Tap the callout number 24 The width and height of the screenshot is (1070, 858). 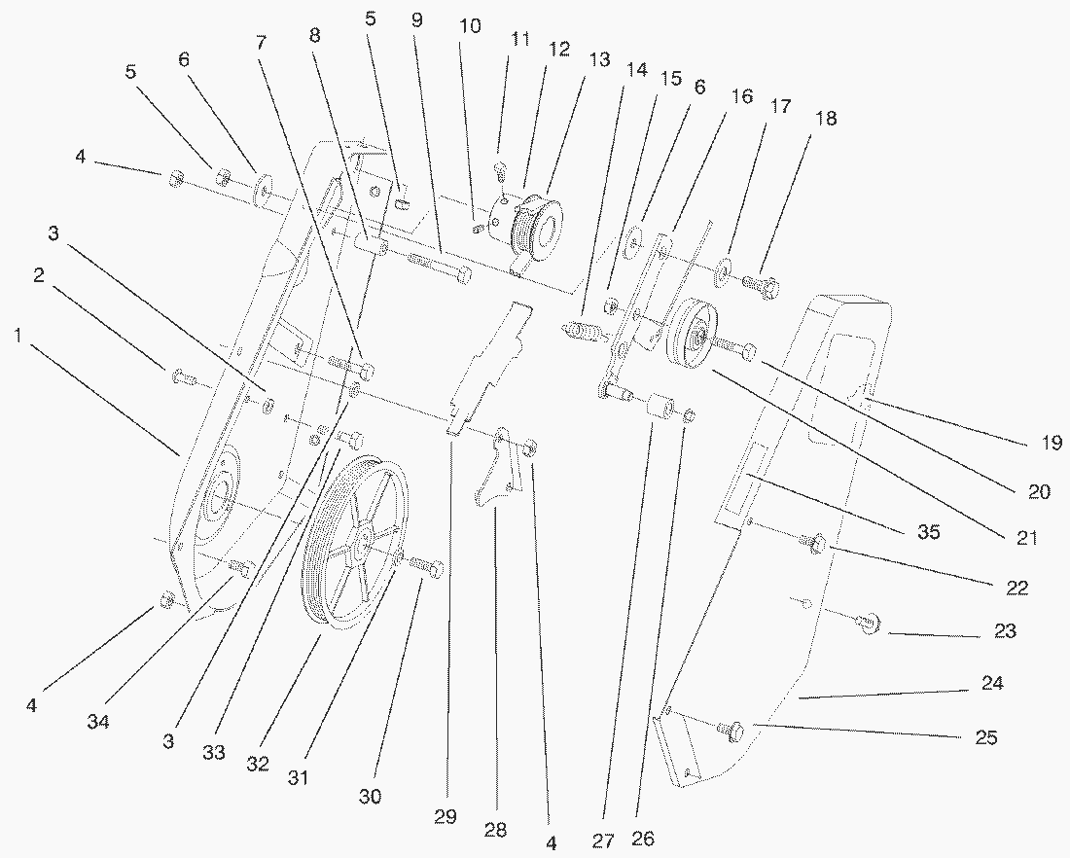tap(991, 683)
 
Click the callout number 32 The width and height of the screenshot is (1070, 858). tap(257, 764)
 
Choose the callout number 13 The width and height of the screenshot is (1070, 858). tap(599, 60)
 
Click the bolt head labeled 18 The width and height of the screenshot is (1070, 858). tap(761, 286)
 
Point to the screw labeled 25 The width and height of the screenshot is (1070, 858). tap(731, 728)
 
